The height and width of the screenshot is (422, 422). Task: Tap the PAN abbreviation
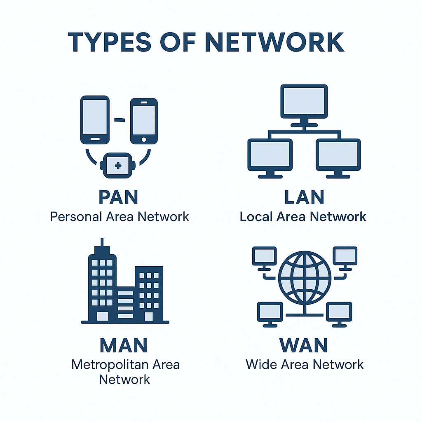click(118, 197)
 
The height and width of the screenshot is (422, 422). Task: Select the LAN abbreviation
click(304, 197)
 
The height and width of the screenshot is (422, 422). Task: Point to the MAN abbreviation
click(124, 345)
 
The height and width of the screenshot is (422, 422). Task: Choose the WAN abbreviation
click(305, 345)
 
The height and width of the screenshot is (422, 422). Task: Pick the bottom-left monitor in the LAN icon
click(270, 156)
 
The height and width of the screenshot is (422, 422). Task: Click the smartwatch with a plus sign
click(118, 165)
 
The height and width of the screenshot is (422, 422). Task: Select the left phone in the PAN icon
click(95, 120)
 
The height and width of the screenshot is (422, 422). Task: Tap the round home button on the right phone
click(143, 139)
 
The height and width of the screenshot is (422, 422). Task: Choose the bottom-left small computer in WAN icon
click(270, 312)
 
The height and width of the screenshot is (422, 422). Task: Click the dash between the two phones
click(120, 120)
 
